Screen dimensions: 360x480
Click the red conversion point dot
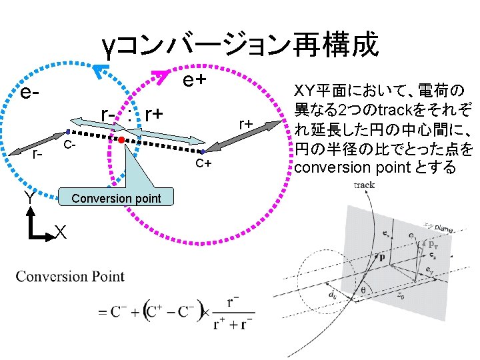click(121, 141)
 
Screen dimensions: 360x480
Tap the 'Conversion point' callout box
click(116, 199)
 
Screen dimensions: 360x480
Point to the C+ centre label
click(203, 164)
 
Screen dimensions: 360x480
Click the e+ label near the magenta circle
click(194, 80)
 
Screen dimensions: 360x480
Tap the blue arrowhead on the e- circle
click(101, 70)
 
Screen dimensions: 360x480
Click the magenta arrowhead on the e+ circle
click(161, 75)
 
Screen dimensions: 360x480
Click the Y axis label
click(30, 198)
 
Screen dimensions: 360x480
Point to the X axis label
click(60, 231)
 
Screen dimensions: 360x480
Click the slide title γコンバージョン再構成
click(240, 45)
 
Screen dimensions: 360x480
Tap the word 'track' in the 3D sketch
click(365, 185)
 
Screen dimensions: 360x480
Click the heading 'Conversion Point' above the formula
click(71, 275)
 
